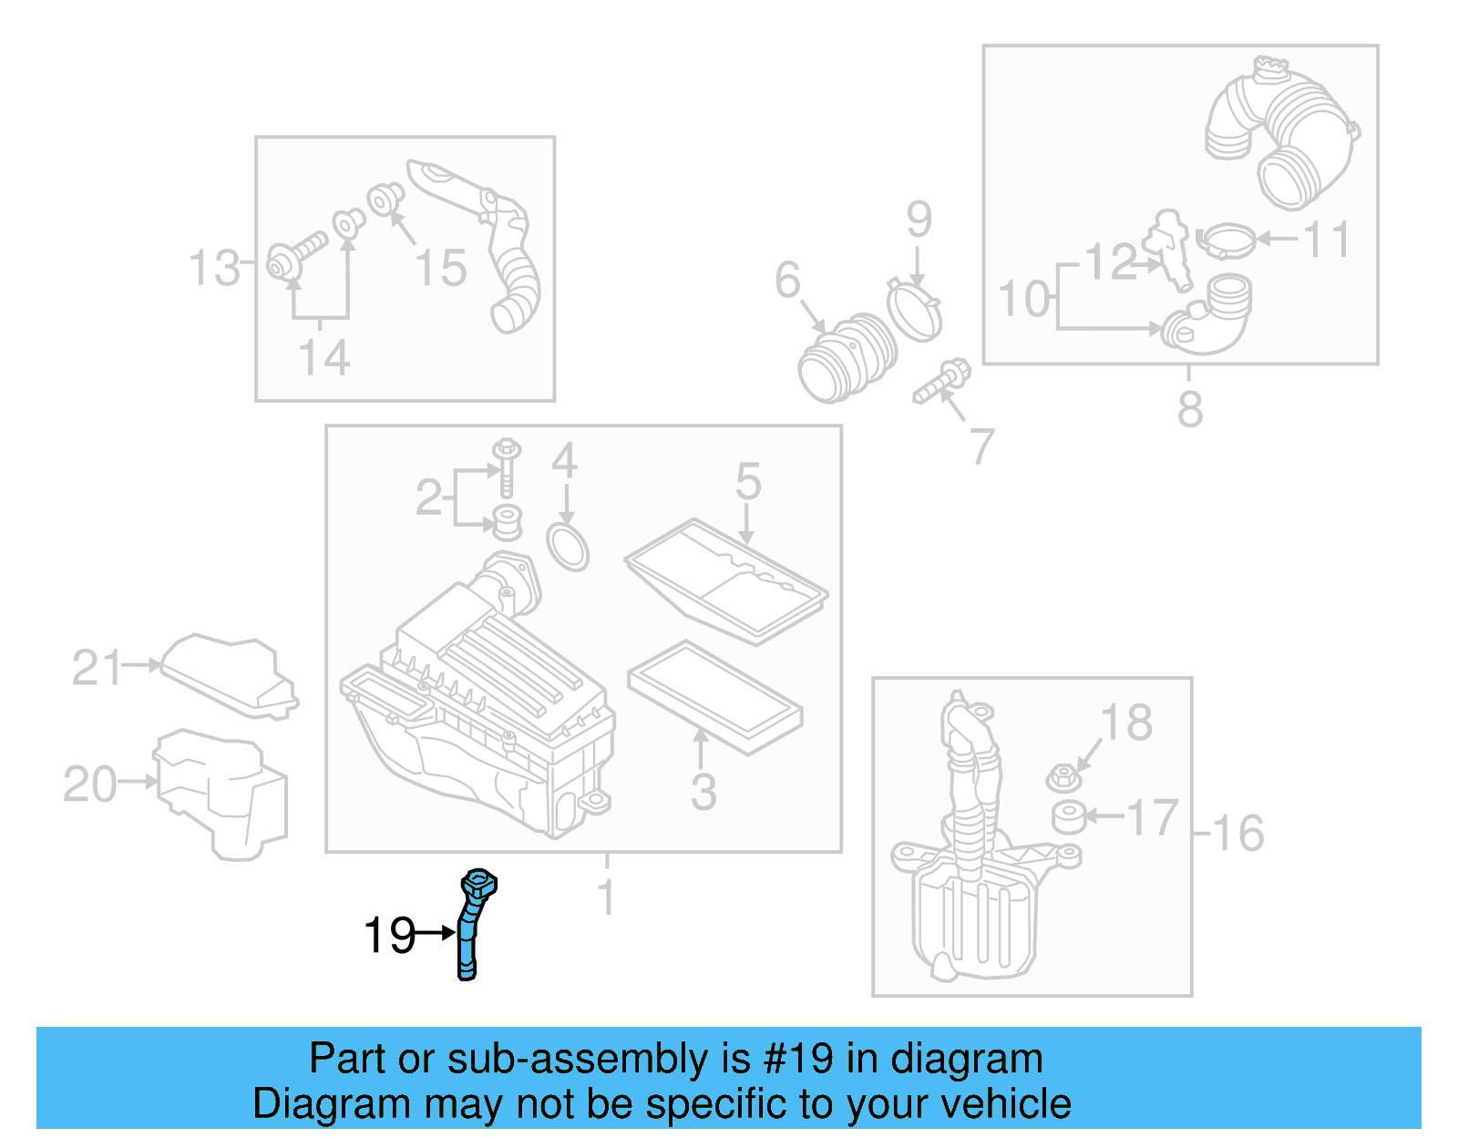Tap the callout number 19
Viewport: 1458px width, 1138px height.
(389, 936)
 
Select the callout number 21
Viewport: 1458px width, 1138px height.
(97, 668)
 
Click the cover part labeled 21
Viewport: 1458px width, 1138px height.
(228, 675)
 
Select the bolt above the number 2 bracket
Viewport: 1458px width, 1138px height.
(507, 465)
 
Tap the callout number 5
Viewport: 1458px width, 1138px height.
(747, 481)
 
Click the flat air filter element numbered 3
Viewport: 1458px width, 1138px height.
(714, 697)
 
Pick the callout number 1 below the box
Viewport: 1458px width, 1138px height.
(606, 897)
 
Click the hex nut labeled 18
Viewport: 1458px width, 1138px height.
(1063, 778)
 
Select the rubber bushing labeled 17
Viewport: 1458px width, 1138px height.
(1068, 816)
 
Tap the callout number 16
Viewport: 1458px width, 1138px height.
(1238, 833)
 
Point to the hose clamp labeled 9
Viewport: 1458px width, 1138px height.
(914, 310)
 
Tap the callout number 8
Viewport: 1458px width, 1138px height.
(1189, 409)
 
